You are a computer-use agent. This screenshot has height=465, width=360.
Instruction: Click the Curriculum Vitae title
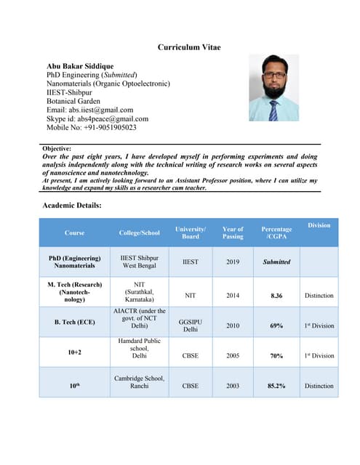[x=189, y=47]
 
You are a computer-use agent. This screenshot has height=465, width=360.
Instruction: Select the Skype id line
[x=97, y=118]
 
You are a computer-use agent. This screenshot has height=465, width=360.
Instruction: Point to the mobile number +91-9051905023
[x=91, y=127]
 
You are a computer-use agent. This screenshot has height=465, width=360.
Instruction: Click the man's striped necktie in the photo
[x=273, y=110]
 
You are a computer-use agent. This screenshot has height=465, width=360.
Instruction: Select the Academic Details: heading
[x=72, y=206]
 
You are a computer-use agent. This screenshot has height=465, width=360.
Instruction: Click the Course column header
[x=74, y=232]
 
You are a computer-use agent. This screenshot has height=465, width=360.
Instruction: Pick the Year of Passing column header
[x=233, y=232]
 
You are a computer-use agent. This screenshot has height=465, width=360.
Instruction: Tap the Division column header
[x=319, y=225]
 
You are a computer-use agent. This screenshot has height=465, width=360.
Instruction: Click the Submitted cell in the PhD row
[x=276, y=262]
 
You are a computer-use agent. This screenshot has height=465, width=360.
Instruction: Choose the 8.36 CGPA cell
[x=276, y=296]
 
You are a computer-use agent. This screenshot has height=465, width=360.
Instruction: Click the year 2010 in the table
[x=233, y=325]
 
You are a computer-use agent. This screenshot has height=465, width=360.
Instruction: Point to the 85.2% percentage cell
[x=276, y=386]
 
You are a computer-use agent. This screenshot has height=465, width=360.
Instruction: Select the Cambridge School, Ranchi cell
[x=139, y=382]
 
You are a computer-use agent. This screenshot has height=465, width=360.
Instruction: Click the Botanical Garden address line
[x=73, y=101]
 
